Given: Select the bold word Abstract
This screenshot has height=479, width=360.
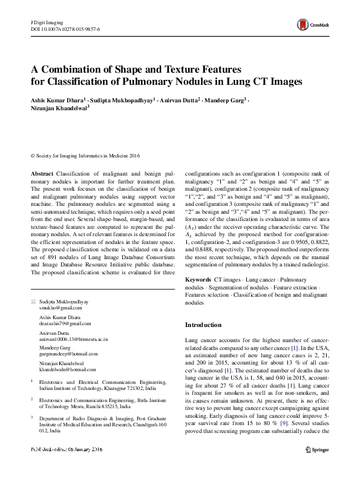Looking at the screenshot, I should click(x=42, y=174).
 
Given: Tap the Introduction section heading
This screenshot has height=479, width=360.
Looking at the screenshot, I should click(x=203, y=325).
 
